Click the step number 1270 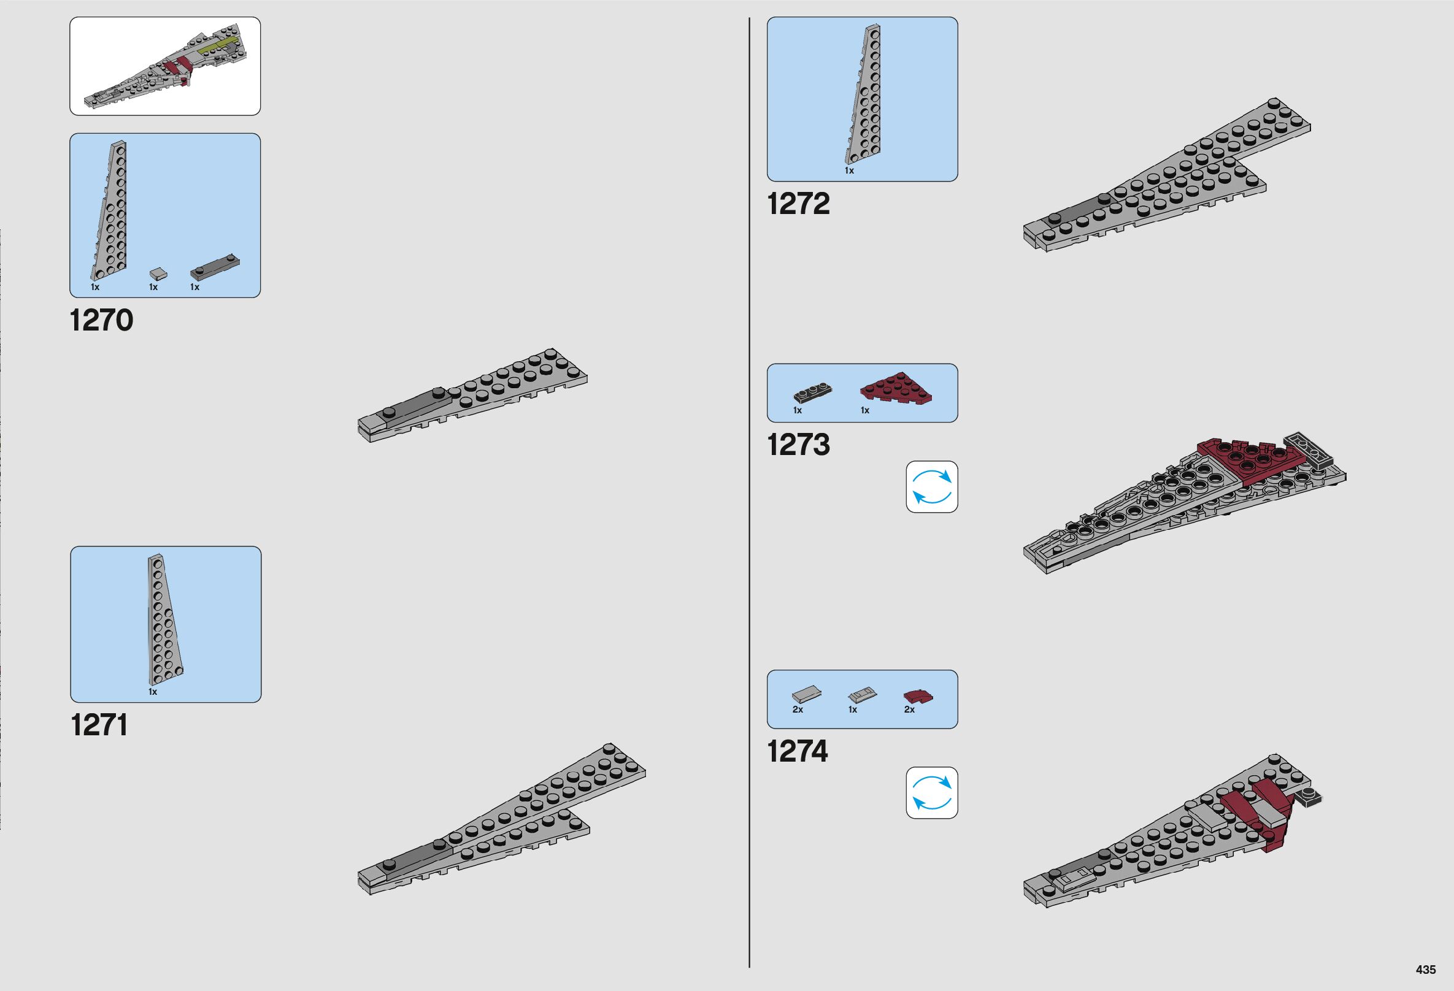click(101, 320)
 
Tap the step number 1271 click(99, 725)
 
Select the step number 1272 click(798, 204)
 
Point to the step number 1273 click(798, 445)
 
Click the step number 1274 click(797, 752)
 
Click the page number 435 click(1426, 970)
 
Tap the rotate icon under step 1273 click(931, 487)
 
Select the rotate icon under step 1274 click(931, 793)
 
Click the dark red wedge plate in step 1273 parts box click(895, 388)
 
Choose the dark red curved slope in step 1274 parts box click(918, 696)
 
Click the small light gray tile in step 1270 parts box click(159, 274)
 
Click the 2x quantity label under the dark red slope click(909, 710)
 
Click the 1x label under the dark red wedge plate click(864, 411)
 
